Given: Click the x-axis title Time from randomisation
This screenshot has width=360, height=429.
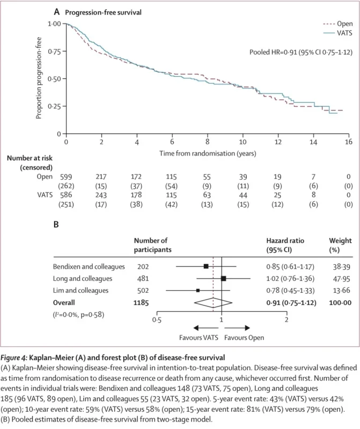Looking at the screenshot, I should [206, 153].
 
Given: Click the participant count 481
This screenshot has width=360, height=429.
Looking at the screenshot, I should [141, 278].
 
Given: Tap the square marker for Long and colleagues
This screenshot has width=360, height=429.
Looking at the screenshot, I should [223, 278].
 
